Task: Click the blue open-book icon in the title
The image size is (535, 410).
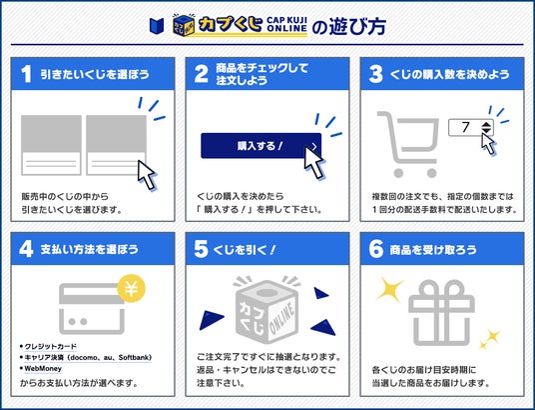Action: click(157, 26)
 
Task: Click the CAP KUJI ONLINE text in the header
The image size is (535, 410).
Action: click(286, 24)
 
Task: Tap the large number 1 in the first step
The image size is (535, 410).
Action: click(26, 74)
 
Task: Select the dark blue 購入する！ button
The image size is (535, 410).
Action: click(262, 146)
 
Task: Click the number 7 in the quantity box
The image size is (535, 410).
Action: click(466, 127)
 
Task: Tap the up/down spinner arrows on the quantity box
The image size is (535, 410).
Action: click(486, 128)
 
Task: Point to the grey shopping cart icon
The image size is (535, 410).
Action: click(408, 144)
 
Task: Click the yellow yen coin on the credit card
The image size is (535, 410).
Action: click(132, 288)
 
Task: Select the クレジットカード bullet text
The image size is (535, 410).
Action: click(51, 346)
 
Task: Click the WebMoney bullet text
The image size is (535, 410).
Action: click(43, 369)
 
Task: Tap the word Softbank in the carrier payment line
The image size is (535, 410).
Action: click(135, 358)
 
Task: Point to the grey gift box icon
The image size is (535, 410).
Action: click(441, 313)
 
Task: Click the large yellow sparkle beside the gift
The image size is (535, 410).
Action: click(389, 289)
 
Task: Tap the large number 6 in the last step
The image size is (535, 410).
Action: click(375, 249)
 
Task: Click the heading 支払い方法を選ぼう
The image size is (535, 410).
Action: click(90, 249)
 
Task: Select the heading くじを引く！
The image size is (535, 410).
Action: click(245, 250)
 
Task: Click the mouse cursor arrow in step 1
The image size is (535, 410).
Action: click(148, 174)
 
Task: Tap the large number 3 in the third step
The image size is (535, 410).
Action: click(375, 74)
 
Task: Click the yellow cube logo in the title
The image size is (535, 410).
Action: click(184, 25)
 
